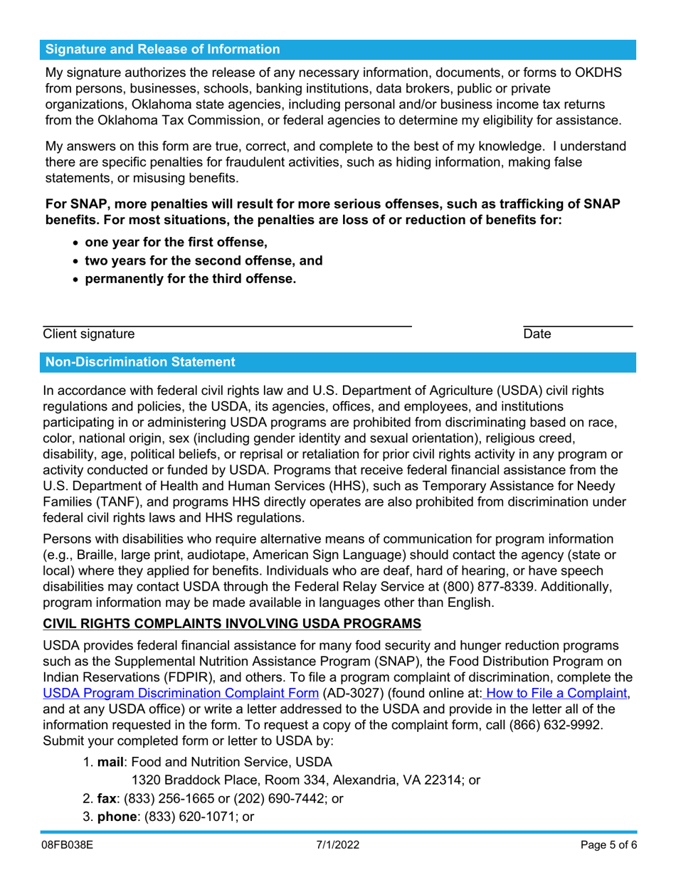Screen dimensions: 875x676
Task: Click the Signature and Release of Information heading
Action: click(163, 50)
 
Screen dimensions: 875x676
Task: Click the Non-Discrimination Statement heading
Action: click(140, 362)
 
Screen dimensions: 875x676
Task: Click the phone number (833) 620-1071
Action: click(189, 817)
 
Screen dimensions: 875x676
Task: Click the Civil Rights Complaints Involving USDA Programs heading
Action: click(232, 624)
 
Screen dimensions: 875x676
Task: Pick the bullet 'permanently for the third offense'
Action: click(190, 278)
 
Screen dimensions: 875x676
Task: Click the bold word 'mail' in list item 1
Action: click(111, 761)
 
